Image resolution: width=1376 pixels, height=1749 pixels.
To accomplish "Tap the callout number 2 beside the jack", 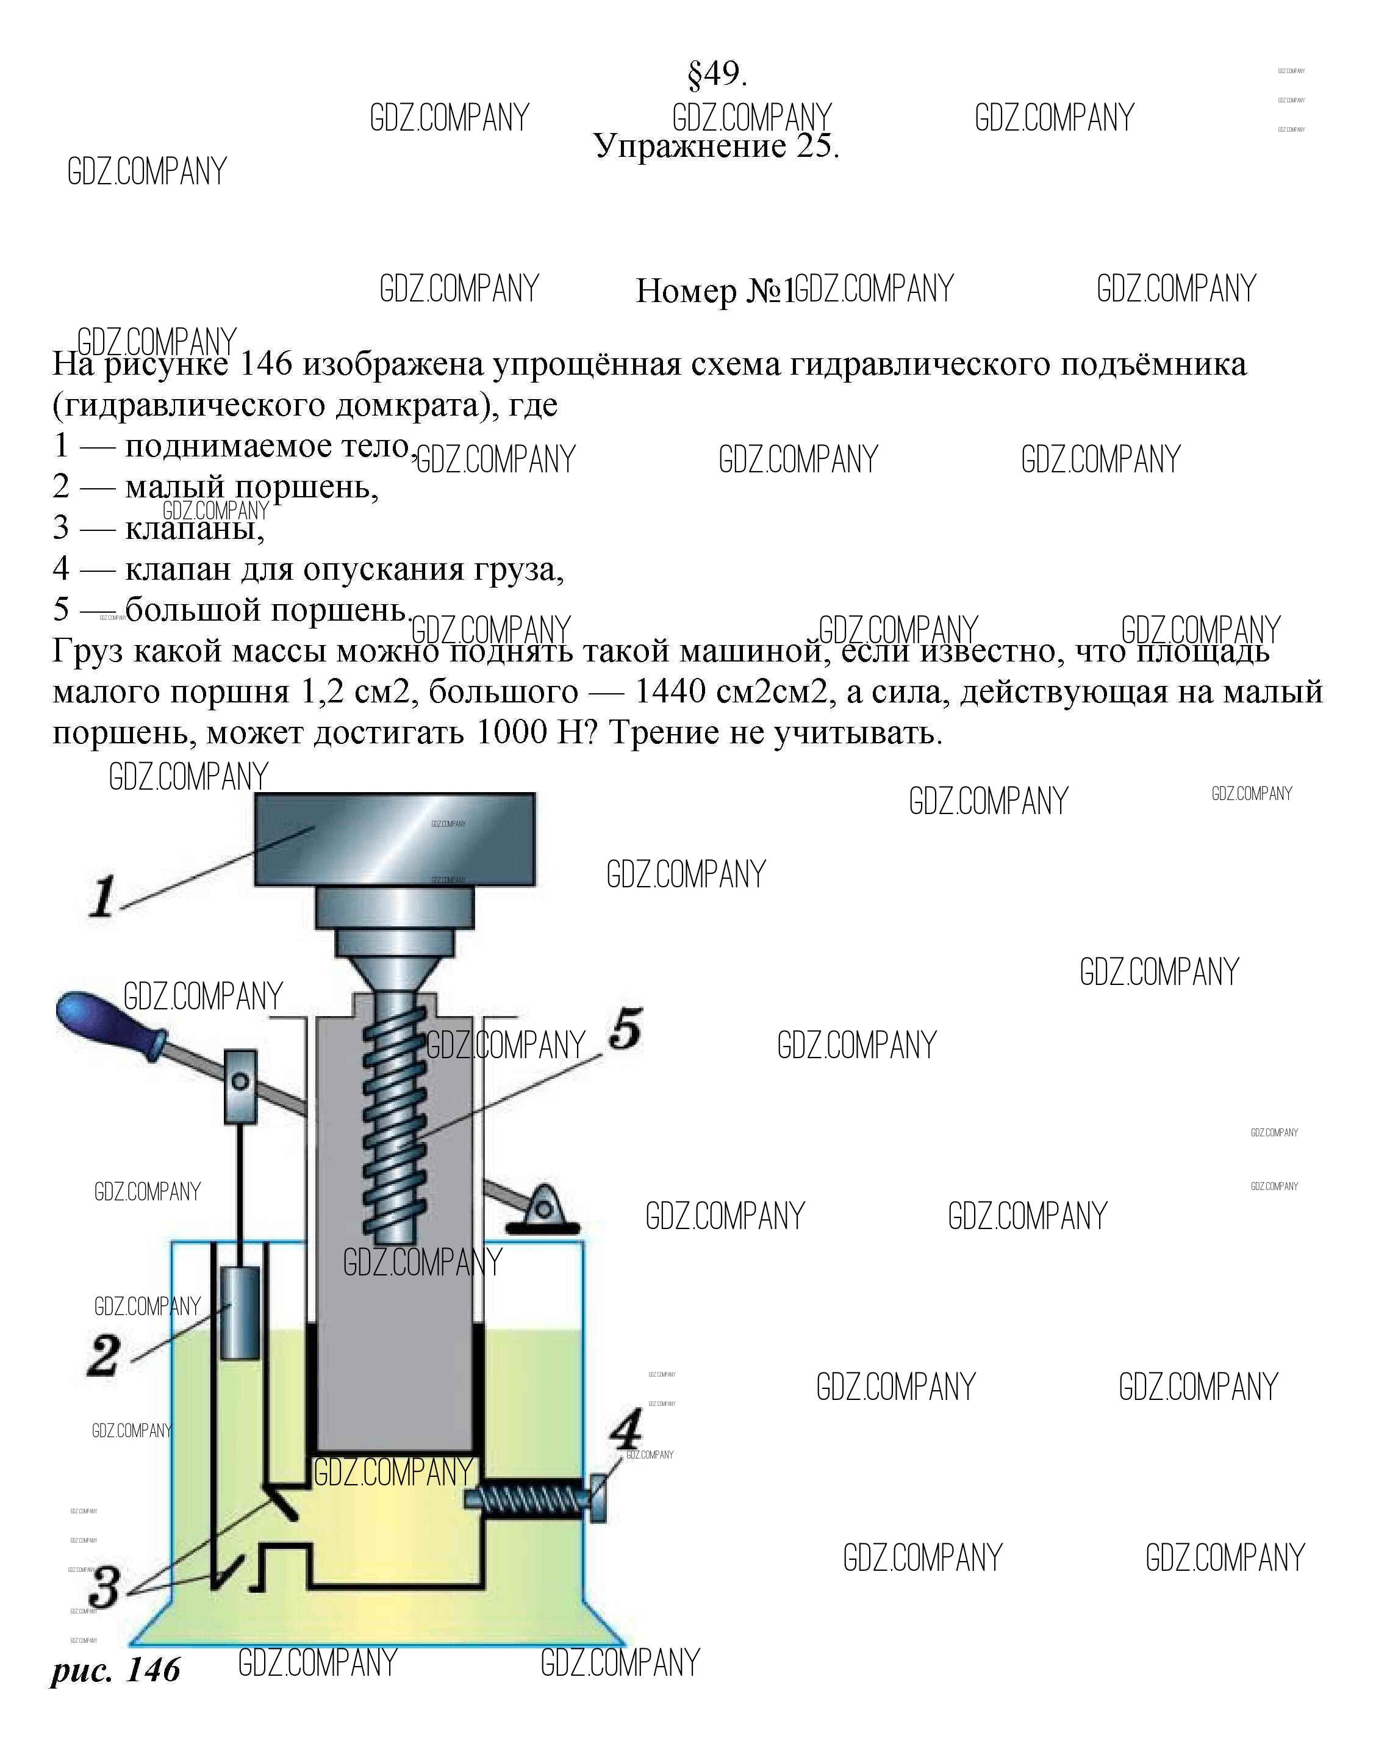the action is click(x=104, y=1355).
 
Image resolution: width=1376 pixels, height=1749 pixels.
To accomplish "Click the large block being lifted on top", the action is click(x=395, y=839).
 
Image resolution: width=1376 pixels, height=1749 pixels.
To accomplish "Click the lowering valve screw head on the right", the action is click(x=598, y=1498).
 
